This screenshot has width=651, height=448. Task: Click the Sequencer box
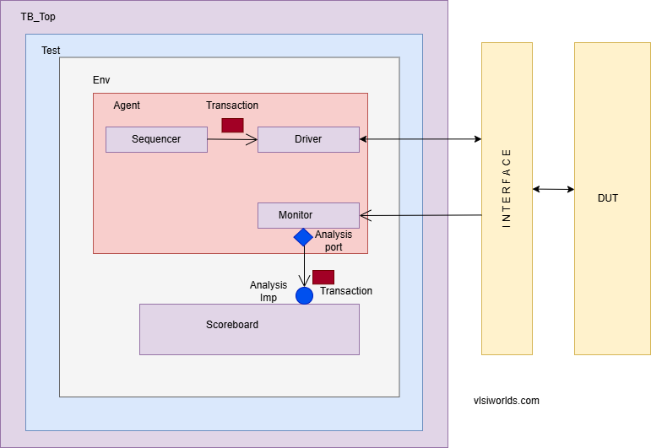[156, 139]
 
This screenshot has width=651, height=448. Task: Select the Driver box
[308, 139]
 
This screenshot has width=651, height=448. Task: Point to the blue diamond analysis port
[304, 237]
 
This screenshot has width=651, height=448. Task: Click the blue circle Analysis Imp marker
[304, 295]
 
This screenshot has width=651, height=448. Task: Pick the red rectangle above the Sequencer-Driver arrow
[232, 125]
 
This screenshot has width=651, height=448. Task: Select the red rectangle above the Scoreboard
[323, 277]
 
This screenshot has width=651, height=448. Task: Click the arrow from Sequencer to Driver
[232, 140]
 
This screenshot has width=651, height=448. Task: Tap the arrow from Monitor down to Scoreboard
[304, 266]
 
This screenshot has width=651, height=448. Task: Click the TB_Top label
[38, 17]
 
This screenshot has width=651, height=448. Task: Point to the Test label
[51, 51]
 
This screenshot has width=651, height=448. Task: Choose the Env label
[101, 80]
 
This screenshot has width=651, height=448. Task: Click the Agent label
[127, 105]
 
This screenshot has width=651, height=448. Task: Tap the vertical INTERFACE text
[507, 187]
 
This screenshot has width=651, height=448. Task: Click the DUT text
[608, 198]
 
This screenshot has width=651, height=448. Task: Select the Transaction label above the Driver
[232, 105]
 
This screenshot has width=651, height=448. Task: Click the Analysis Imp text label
[269, 291]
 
